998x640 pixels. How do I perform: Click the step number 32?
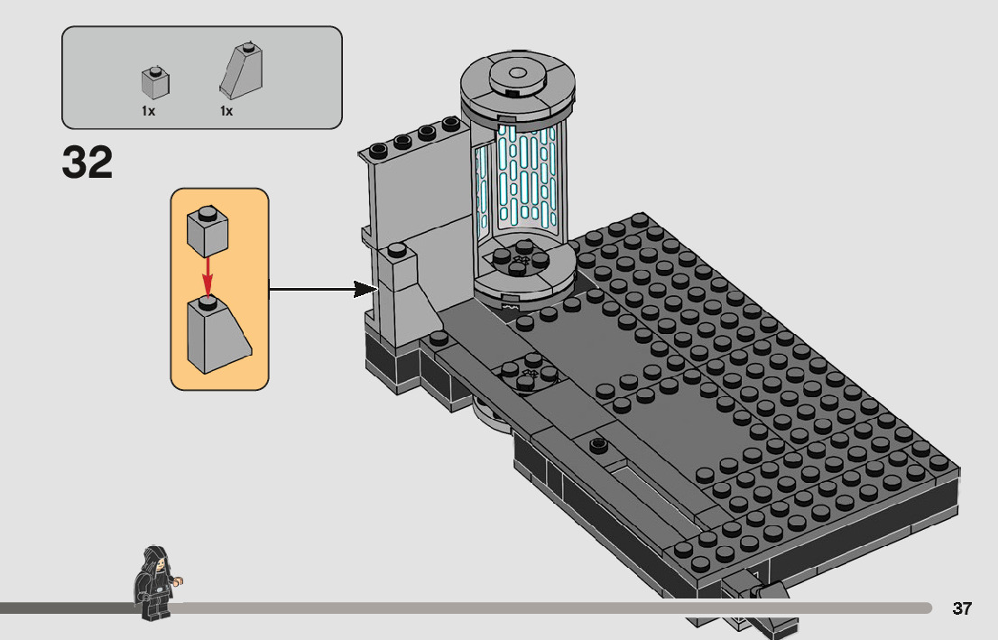pos(88,162)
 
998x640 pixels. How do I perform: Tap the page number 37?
pos(962,608)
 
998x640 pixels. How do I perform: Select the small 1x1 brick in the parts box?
pos(155,82)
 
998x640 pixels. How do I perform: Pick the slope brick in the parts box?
pos(241,70)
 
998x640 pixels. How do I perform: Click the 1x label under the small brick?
pos(148,111)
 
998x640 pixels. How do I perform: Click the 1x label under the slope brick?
pos(226,111)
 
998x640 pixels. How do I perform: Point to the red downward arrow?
pos(207,277)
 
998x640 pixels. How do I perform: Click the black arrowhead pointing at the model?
pos(365,290)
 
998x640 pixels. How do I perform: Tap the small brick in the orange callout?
pos(208,230)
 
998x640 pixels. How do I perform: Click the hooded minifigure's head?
pos(155,560)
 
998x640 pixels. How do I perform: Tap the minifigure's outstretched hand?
pos(178,580)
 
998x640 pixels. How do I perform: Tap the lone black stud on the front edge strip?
pos(597,444)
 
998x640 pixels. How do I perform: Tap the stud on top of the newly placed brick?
pos(397,249)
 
